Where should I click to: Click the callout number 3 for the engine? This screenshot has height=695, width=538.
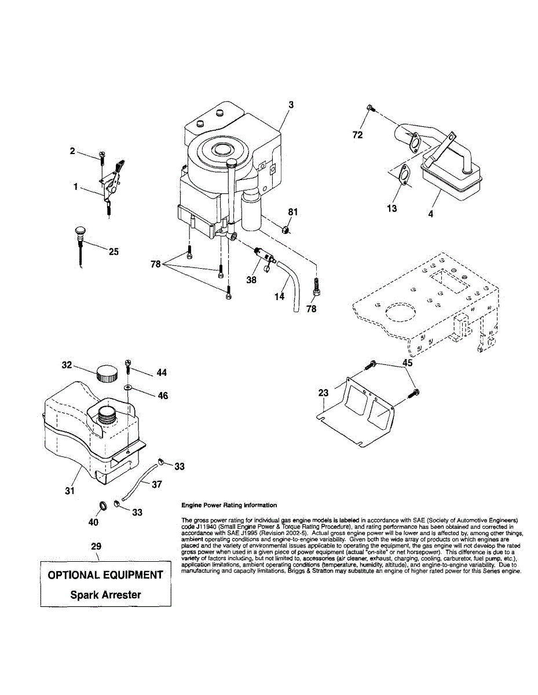click(x=291, y=105)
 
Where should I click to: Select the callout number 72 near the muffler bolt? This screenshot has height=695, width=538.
click(x=358, y=135)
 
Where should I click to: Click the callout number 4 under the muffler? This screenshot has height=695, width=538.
click(x=430, y=214)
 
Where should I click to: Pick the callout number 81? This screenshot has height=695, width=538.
click(x=293, y=212)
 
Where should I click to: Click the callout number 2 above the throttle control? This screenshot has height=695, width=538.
click(x=72, y=151)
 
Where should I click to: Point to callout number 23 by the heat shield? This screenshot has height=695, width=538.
click(x=323, y=393)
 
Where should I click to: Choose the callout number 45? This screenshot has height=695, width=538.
click(x=408, y=364)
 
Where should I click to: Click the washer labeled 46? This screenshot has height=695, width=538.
click(x=128, y=387)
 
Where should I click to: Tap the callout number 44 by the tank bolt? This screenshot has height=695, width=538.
click(x=162, y=373)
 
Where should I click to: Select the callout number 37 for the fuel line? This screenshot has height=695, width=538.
click(x=156, y=485)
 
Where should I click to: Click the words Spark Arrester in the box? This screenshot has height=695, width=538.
click(x=105, y=594)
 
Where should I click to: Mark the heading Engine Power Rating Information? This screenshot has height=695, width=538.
click(x=229, y=506)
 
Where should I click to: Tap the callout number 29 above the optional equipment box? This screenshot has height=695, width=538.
click(x=97, y=546)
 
